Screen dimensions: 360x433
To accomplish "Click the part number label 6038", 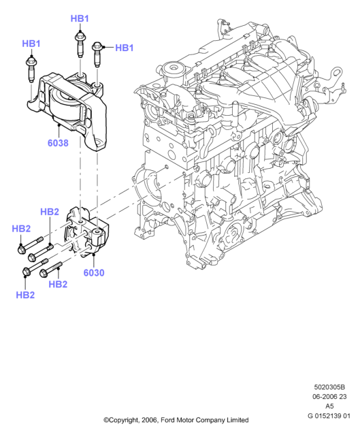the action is point(58,143).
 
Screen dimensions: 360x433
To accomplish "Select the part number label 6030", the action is point(94,272).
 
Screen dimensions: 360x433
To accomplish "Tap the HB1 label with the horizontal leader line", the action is point(125,48).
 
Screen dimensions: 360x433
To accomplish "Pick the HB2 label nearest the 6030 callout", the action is point(58,284).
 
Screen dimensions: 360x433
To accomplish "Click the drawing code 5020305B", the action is point(329,387).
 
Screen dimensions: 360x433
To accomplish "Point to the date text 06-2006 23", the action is point(329,396).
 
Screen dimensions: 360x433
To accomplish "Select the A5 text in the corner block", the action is point(329,406).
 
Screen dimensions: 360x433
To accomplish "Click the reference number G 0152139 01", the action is point(329,415).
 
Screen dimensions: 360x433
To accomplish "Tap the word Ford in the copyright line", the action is point(168,420).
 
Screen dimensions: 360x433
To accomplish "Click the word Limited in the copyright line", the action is point(238,420).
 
